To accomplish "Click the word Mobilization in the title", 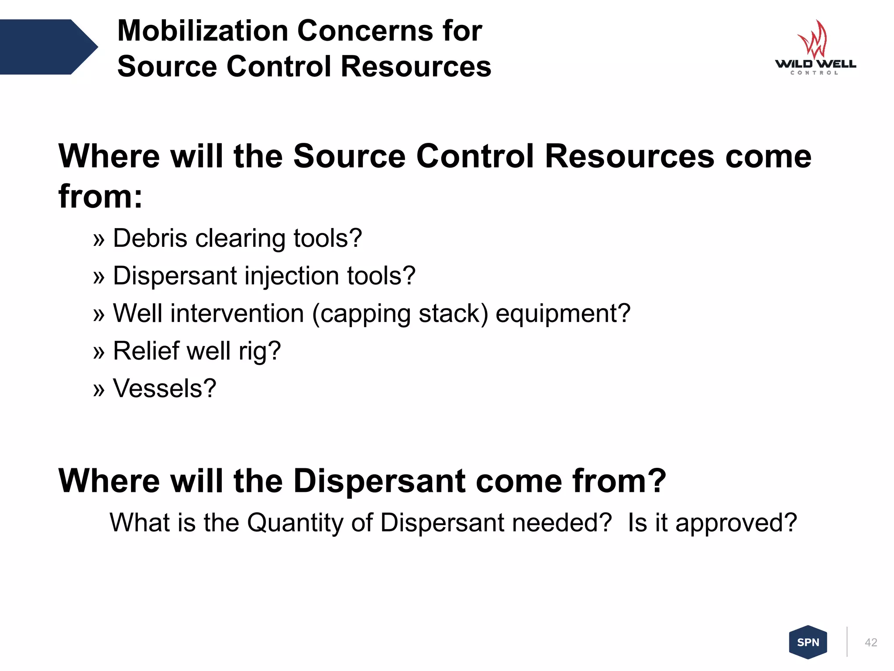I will tap(203, 31).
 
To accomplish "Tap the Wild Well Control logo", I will tap(815, 48).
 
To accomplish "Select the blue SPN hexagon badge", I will tap(808, 642).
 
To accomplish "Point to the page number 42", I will tap(870, 642).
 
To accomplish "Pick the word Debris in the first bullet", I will tap(150, 239).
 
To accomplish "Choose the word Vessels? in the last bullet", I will tap(165, 388).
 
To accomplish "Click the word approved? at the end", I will tap(736, 523).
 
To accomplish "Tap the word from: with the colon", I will tap(100, 197).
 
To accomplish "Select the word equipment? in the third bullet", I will tap(563, 314).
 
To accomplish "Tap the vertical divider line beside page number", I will tap(847, 642).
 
